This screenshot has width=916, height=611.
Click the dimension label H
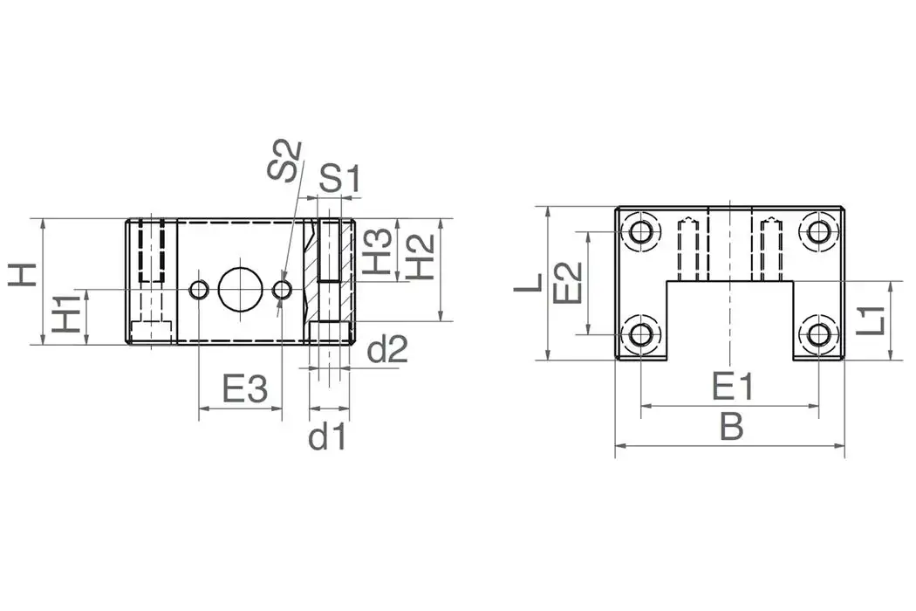(x=24, y=274)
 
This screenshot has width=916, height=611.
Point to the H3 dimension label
(x=377, y=251)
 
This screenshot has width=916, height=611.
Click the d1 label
(x=327, y=436)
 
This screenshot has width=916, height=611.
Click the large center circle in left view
(x=240, y=289)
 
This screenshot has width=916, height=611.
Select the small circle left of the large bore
(x=200, y=290)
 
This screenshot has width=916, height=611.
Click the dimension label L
(x=529, y=282)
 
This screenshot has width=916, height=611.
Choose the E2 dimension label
(x=568, y=281)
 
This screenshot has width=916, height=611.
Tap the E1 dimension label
(x=730, y=385)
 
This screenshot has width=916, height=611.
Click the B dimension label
(x=730, y=428)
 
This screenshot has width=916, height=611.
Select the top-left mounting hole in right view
(x=641, y=232)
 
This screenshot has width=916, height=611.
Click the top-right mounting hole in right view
(x=819, y=232)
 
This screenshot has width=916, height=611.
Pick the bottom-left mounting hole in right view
(x=641, y=333)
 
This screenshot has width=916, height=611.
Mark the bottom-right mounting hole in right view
(x=819, y=333)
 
